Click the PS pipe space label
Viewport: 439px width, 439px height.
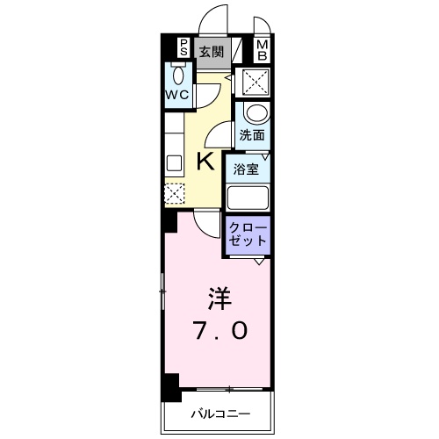(184, 47)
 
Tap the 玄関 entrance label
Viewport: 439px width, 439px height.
(212, 52)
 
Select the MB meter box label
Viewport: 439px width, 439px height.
(263, 50)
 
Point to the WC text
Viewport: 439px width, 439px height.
(177, 95)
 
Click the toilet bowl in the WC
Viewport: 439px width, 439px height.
(178, 76)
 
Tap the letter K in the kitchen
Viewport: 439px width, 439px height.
(205, 162)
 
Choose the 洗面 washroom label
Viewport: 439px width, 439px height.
(252, 135)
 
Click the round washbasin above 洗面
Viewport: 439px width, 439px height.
(256, 113)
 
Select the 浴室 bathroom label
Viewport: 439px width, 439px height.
(246, 169)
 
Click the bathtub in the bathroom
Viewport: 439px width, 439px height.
(248, 198)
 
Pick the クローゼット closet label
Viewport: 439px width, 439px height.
(248, 234)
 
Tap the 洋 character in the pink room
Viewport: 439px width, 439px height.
(219, 299)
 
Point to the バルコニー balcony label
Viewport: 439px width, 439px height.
(221, 414)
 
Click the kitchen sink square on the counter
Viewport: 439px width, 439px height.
(174, 162)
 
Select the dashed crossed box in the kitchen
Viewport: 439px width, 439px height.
(175, 193)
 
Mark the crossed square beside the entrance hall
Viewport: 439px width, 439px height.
(256, 82)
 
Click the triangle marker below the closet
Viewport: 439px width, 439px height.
(258, 262)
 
